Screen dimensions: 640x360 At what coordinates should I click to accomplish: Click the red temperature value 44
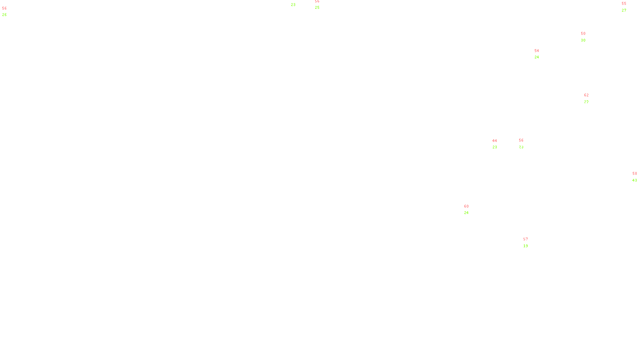(x=494, y=141)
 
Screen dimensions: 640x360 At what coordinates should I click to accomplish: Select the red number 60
(x=466, y=206)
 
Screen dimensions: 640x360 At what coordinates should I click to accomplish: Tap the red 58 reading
(x=634, y=174)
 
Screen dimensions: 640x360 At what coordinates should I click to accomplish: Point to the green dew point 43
(x=634, y=180)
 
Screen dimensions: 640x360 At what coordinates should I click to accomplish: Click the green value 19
(x=526, y=246)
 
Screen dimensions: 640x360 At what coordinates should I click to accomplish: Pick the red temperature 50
(x=583, y=34)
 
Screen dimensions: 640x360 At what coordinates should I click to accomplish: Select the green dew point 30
(x=583, y=40)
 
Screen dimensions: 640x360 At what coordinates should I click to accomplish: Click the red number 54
(x=536, y=51)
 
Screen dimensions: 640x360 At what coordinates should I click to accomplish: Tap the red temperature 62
(x=586, y=95)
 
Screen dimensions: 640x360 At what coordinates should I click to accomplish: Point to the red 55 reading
(x=624, y=4)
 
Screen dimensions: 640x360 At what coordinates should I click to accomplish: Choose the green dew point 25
(x=317, y=8)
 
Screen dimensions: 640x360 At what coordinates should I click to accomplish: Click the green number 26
(x=4, y=15)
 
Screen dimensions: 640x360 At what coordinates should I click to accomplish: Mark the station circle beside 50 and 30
(x=587, y=37)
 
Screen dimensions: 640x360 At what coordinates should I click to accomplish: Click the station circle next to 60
(x=470, y=210)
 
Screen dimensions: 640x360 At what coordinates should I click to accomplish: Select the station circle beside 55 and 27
(x=628, y=7)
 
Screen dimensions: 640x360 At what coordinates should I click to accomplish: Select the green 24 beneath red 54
(x=536, y=57)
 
